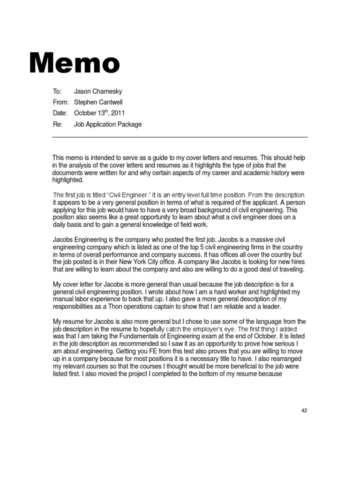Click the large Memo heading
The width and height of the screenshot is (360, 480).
pos(75,63)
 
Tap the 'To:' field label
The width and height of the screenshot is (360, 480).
pos(57,91)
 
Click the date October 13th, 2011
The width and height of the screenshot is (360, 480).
pos(99,113)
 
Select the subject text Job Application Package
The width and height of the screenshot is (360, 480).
pos(108,124)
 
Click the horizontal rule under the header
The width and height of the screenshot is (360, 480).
pos(180,137)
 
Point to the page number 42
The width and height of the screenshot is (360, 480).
pos(304,410)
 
